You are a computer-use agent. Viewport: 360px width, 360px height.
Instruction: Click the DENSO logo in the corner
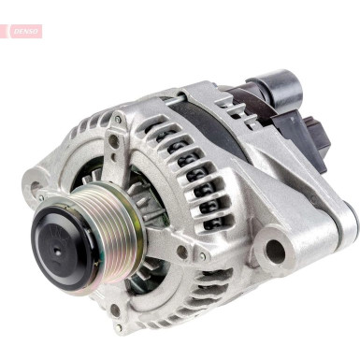click(25, 31)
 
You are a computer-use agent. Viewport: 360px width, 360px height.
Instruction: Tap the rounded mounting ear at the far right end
click(343, 220)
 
